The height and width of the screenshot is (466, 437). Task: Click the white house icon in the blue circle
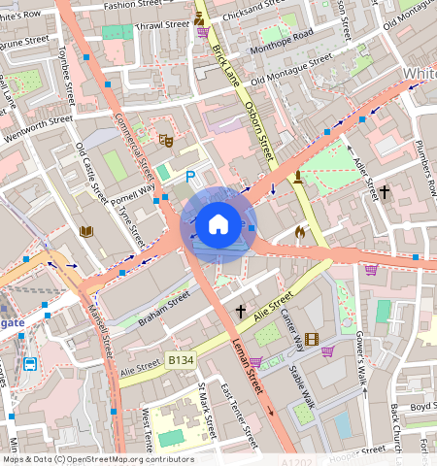pyautogui.click(x=218, y=224)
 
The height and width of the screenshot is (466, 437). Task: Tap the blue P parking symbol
pyautogui.click(x=190, y=177)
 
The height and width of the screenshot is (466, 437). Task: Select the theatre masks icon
pyautogui.click(x=165, y=141)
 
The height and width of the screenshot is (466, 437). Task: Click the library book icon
pyautogui.click(x=85, y=231)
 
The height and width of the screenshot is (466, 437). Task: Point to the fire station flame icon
pyautogui.click(x=299, y=232)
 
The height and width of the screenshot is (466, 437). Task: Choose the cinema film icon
pyautogui.click(x=311, y=339)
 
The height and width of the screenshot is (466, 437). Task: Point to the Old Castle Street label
pyautogui.click(x=90, y=173)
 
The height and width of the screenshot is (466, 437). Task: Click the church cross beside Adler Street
pyautogui.click(x=384, y=192)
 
